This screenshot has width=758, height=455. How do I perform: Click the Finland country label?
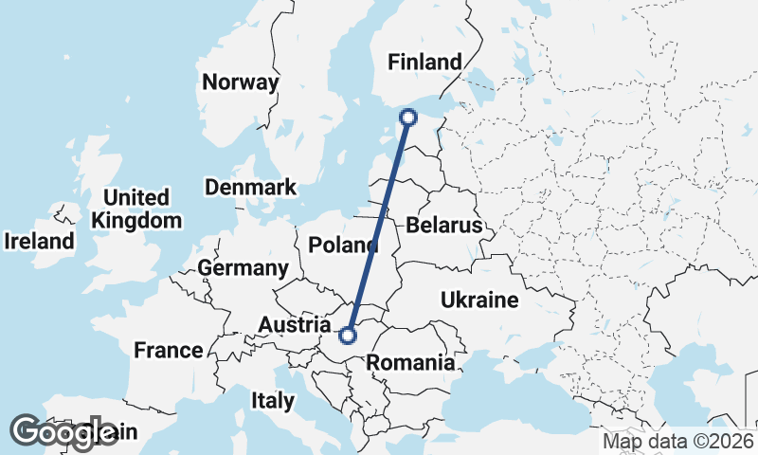425,63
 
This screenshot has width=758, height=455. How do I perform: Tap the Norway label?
241,82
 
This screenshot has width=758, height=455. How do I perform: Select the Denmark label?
251,188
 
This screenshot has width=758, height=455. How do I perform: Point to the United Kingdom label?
137,209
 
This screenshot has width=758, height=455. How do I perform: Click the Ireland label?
39,242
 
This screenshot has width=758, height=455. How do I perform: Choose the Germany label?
244,268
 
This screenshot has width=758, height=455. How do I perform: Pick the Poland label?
343,246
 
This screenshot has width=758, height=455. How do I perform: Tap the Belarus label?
444,226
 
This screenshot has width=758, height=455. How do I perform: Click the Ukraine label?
479,301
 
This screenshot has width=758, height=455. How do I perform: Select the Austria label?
295,326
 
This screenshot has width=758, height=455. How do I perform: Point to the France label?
169,351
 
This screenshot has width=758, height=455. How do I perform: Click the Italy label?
273,401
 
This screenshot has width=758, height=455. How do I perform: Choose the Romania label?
410,362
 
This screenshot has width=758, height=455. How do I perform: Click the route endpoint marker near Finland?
408,118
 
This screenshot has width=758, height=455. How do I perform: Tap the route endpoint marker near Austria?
348,335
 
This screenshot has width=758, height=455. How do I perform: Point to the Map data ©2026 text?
677,442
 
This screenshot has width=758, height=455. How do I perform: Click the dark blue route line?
379,224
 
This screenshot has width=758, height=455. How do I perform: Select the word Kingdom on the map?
137,221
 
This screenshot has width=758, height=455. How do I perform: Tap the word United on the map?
137,198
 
